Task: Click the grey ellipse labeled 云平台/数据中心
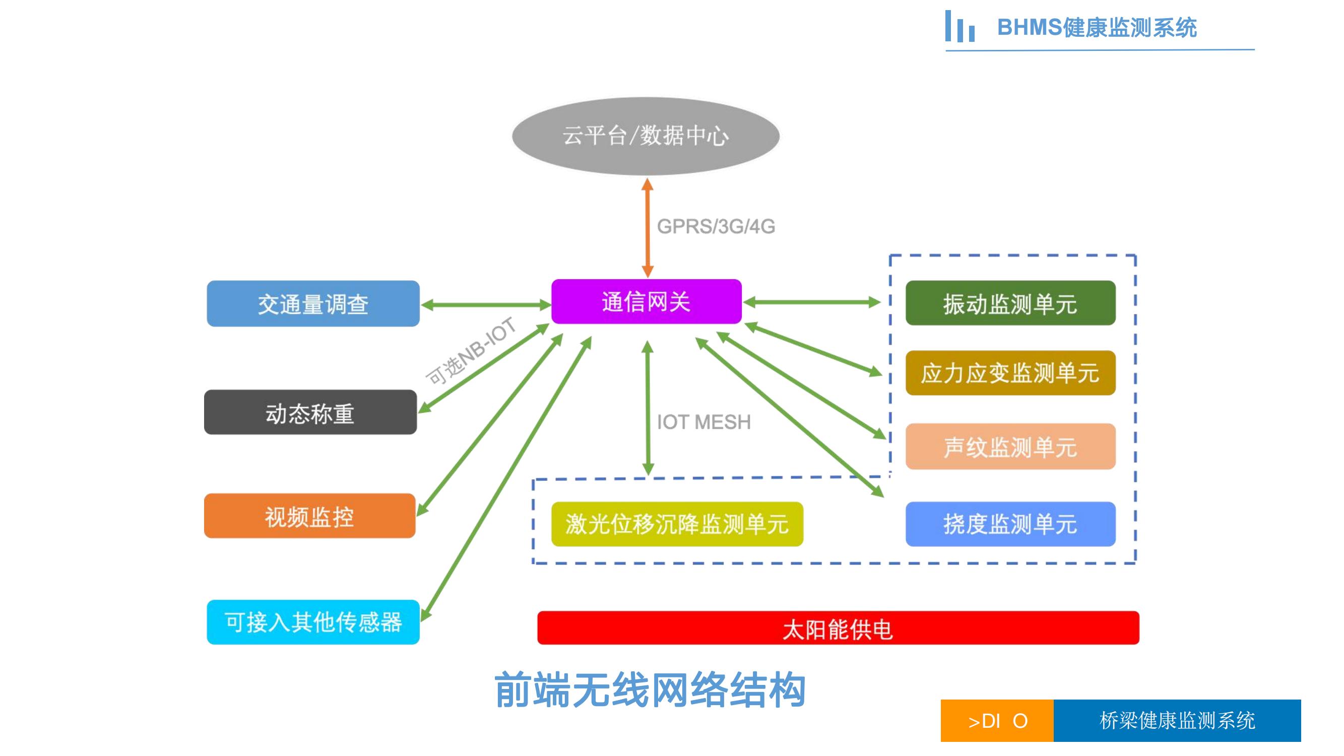pyautogui.click(x=646, y=136)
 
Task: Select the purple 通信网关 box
pyautogui.click(x=646, y=301)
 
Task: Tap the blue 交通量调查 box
pyautogui.click(x=313, y=303)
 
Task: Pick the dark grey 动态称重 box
pyautogui.click(x=310, y=412)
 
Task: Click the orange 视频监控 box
pyautogui.click(x=309, y=516)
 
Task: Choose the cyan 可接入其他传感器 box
pyautogui.click(x=313, y=622)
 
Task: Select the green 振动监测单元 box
pyautogui.click(x=1010, y=303)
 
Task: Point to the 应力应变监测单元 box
pyautogui.click(x=1010, y=373)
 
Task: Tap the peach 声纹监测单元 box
pyautogui.click(x=1010, y=447)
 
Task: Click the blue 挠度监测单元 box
pyautogui.click(x=1010, y=524)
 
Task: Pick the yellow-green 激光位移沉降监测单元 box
pyautogui.click(x=677, y=524)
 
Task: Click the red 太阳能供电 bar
pyautogui.click(x=838, y=628)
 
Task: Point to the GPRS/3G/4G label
pyautogui.click(x=716, y=226)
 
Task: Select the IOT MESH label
pyautogui.click(x=703, y=422)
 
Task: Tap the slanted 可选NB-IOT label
pyautogui.click(x=471, y=351)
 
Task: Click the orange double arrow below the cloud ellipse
pyautogui.click(x=648, y=228)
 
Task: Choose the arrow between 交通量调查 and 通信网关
pyautogui.click(x=485, y=305)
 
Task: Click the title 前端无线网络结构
pyautogui.click(x=650, y=690)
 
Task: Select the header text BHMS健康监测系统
pyautogui.click(x=1097, y=28)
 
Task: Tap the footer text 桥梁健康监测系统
pyautogui.click(x=1177, y=721)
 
